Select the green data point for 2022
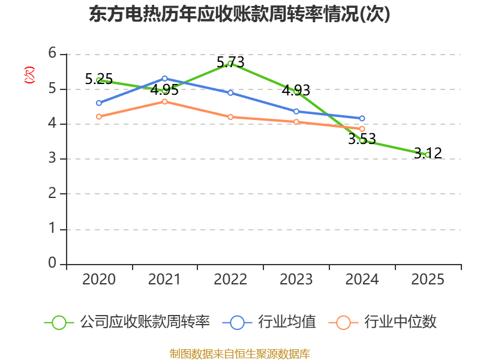tap(230, 63)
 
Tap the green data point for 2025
tap(427, 155)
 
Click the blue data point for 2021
tap(164, 79)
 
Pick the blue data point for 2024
tap(362, 118)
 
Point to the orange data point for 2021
tap(164, 101)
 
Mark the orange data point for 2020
tap(99, 116)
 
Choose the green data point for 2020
tap(99, 80)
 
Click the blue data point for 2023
tap(296, 111)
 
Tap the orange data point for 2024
tap(362, 129)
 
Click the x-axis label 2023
tap(296, 280)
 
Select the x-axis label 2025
tap(427, 280)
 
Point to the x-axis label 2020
tap(99, 280)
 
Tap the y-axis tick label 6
tap(52, 54)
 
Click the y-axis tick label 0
tap(52, 263)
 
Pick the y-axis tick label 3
tap(52, 159)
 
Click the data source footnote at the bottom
tap(239, 353)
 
